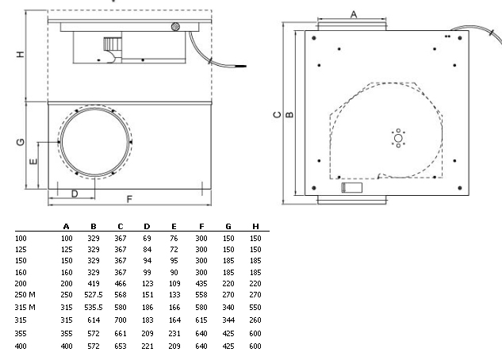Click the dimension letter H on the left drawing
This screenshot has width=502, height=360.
click(21, 55)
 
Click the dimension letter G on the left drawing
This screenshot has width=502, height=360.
click(21, 143)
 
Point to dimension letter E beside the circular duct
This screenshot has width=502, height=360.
click(33, 161)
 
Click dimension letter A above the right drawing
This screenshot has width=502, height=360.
click(354, 13)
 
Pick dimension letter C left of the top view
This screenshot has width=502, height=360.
click(276, 114)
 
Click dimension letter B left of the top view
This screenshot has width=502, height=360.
click(289, 114)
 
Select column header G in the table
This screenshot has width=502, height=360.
click(228, 227)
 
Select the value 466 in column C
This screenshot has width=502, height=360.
click(121, 280)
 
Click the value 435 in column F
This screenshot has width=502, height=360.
click(201, 280)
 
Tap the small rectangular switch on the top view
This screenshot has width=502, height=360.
click(351, 189)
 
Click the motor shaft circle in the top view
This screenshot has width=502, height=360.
click(398, 139)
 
